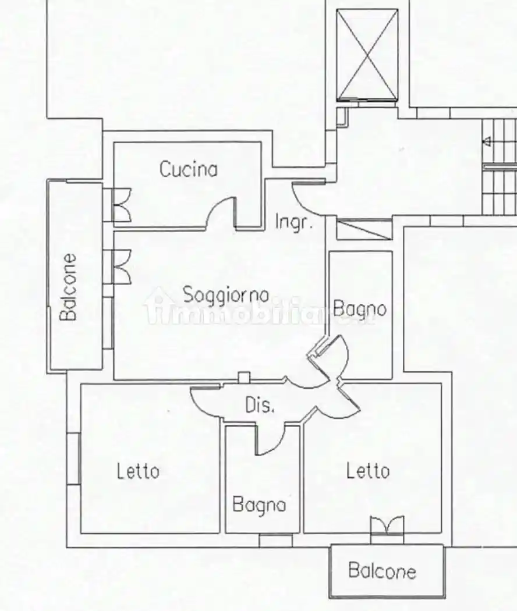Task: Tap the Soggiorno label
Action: coord(226,294)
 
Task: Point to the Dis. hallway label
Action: coord(260,406)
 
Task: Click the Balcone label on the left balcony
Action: coord(69,286)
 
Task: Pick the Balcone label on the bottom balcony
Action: coord(382,571)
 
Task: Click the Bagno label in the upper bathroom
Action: coord(360,308)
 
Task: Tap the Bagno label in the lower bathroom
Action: coord(259,505)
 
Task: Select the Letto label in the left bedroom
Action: coord(138,470)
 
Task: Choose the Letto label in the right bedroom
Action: coord(368,470)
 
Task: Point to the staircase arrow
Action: coord(488,141)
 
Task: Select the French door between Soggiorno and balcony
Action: coord(121,266)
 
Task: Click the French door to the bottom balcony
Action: coord(387,525)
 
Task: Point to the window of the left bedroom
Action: coord(73,459)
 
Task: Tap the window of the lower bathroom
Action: coord(275,541)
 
